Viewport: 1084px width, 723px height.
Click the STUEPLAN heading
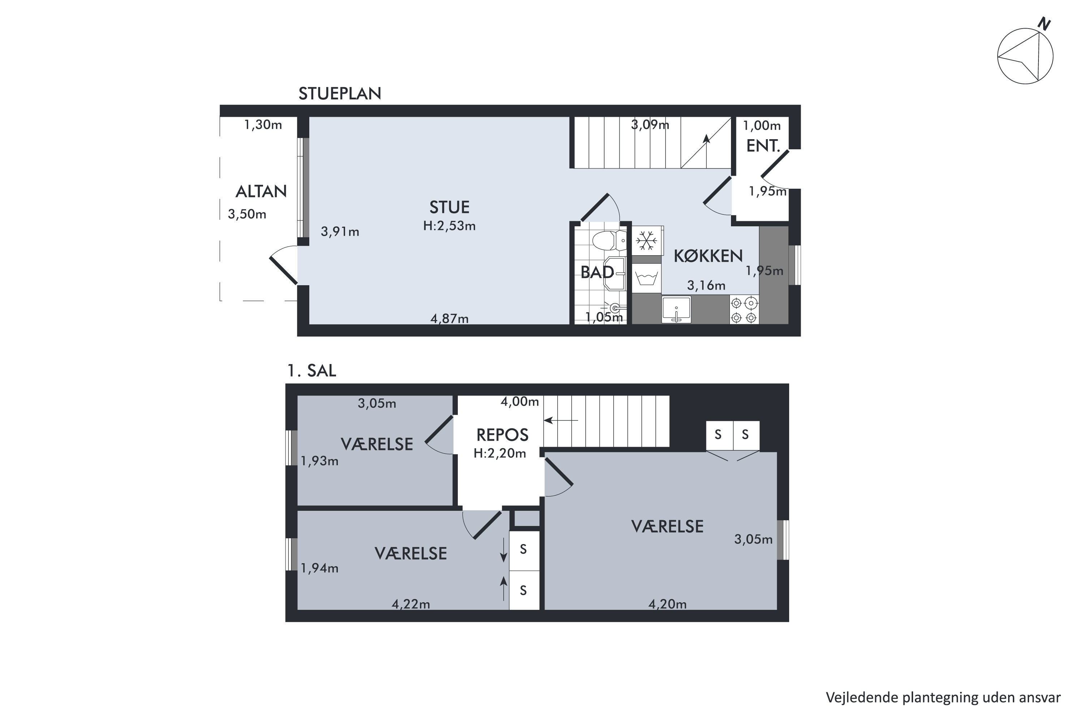coord(340,94)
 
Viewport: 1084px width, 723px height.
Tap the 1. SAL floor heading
coord(311,371)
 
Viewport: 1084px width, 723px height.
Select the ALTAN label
coord(261,191)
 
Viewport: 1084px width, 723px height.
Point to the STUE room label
coord(449,208)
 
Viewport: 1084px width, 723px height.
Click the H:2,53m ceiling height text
coord(449,226)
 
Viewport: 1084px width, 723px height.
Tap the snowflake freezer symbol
coord(647,240)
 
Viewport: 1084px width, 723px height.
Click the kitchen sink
coord(676,309)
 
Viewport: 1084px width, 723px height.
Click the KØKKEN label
coord(708,256)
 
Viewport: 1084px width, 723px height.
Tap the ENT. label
coord(763,146)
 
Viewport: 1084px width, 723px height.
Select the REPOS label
coord(502,435)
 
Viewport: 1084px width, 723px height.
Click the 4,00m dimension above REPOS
coord(520,402)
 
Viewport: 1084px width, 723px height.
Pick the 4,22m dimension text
coord(410,604)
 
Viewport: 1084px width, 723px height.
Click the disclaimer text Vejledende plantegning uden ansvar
coord(943,698)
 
